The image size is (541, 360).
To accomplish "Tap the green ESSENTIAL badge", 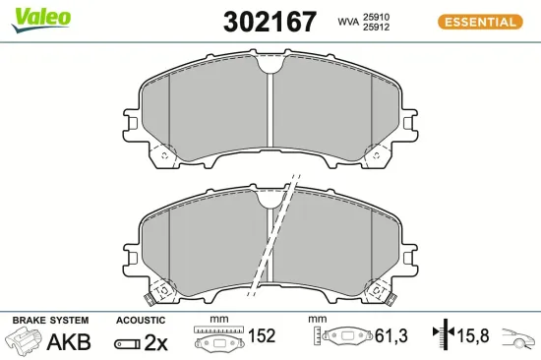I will click(x=479, y=22).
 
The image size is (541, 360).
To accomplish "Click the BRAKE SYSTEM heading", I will click(x=49, y=321).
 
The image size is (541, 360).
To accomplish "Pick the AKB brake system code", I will click(x=69, y=342).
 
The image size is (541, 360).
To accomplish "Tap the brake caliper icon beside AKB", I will click(x=24, y=341).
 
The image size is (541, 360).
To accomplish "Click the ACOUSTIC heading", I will click(x=138, y=321).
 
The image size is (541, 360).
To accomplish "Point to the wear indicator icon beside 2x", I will click(x=126, y=343).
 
